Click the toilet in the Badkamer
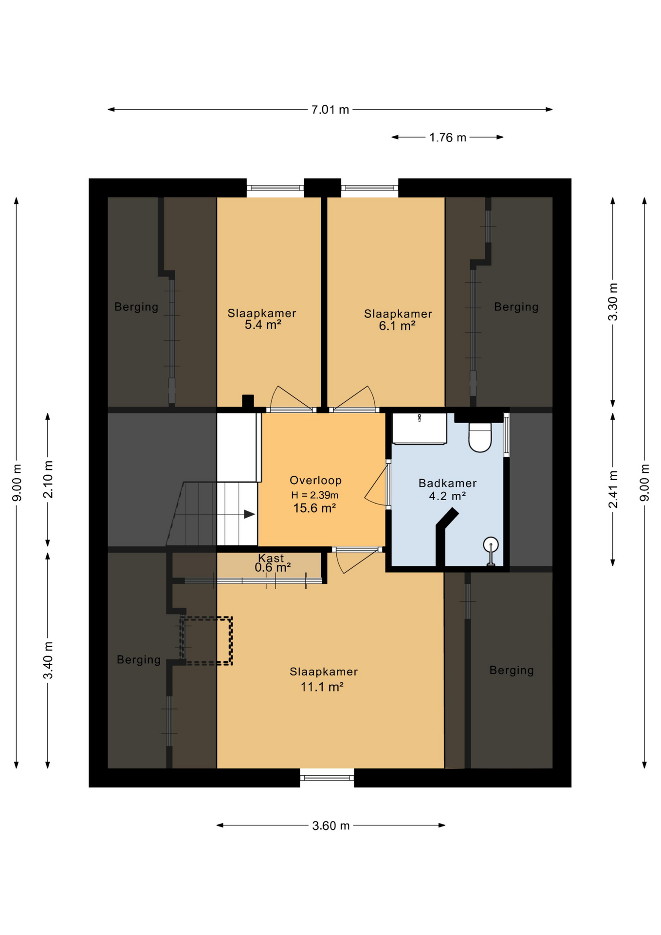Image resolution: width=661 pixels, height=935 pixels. pyautogui.click(x=480, y=437)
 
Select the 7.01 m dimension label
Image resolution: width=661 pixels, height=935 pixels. pyautogui.click(x=330, y=110)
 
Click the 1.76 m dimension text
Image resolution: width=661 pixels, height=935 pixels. pyautogui.click(x=447, y=137)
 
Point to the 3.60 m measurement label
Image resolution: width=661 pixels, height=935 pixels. pyautogui.click(x=331, y=825)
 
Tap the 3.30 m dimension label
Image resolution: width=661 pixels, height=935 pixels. pyautogui.click(x=613, y=302)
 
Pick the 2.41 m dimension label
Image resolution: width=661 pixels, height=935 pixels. pyautogui.click(x=613, y=489)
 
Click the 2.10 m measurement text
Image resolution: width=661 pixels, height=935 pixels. pyautogui.click(x=48, y=480)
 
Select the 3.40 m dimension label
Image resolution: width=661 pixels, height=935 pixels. pyautogui.click(x=48, y=660)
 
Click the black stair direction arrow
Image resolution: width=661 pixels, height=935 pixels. pyautogui.click(x=249, y=514)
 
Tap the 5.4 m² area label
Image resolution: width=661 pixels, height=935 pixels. pyautogui.click(x=263, y=325)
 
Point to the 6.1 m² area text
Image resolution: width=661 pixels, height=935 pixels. pyautogui.click(x=397, y=326)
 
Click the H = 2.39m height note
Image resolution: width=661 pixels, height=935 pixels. pyautogui.click(x=315, y=495)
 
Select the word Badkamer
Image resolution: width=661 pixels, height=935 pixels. pyautogui.click(x=447, y=483)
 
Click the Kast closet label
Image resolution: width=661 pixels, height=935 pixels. pyautogui.click(x=271, y=558)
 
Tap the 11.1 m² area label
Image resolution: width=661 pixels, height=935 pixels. pyautogui.click(x=322, y=687)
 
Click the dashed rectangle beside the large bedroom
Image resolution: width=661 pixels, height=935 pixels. pyautogui.click(x=206, y=641)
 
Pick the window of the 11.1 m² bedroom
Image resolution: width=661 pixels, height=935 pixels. pyautogui.click(x=327, y=778)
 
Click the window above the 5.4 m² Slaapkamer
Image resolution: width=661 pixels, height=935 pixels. pyautogui.click(x=275, y=188)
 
